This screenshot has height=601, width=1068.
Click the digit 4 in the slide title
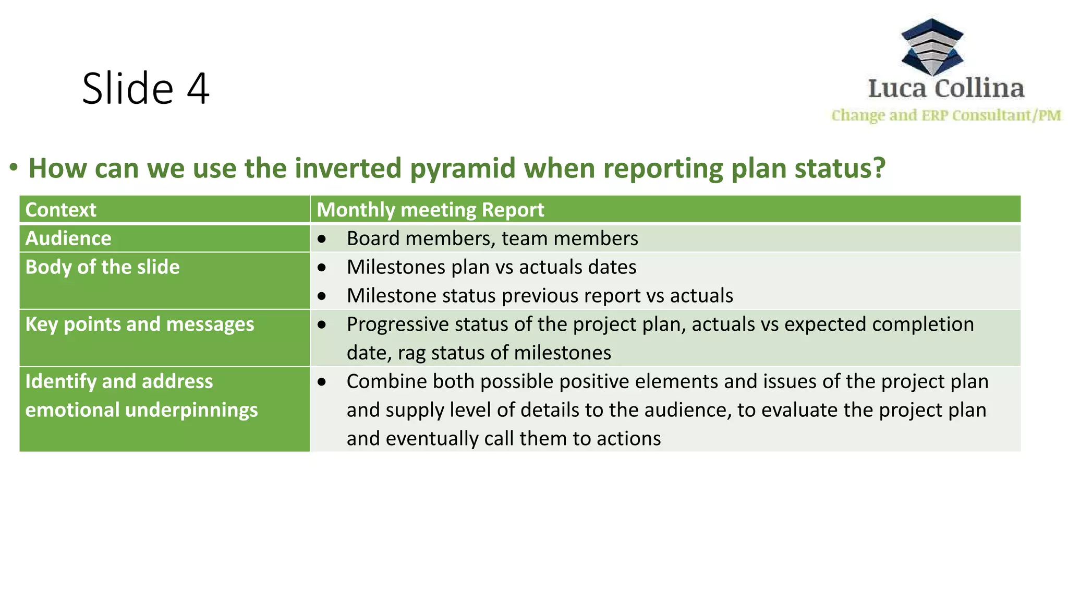click(198, 89)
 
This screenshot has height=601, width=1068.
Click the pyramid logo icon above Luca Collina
click(932, 47)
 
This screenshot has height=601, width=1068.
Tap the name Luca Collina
click(946, 88)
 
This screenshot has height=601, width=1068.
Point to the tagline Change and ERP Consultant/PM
click(946, 115)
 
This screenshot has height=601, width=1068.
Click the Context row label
click(60, 210)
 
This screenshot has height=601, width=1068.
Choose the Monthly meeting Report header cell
click(430, 210)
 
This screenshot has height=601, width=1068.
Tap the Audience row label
click(68, 238)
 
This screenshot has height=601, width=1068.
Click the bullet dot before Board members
click(322, 239)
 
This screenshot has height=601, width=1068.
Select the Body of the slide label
click(102, 267)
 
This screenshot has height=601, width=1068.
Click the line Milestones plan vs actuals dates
click(491, 267)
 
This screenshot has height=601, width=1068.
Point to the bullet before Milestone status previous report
click(322, 296)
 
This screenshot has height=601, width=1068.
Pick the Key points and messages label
click(139, 324)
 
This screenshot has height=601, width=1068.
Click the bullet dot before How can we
click(14, 167)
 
